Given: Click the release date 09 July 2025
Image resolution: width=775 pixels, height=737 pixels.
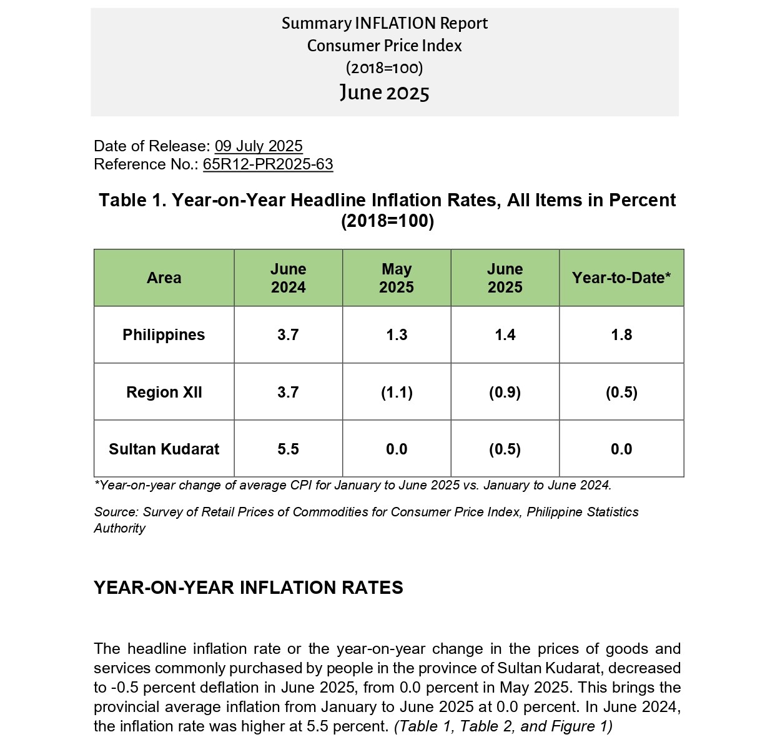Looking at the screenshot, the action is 259,146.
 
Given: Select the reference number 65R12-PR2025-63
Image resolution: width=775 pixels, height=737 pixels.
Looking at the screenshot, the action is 268,164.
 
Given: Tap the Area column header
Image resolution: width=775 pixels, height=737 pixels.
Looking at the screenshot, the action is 164,278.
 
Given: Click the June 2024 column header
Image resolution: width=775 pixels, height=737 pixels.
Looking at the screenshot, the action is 288,278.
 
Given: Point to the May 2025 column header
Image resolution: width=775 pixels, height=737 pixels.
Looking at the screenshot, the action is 397,278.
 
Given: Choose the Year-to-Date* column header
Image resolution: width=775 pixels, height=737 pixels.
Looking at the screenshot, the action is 621,278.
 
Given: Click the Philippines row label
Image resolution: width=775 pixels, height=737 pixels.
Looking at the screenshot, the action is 164,335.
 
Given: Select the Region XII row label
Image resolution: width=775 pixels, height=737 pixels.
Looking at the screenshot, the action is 164,392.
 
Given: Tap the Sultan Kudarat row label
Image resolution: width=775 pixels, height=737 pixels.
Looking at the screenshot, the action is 164,449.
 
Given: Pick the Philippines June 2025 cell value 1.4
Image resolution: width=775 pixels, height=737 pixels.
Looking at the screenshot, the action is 505,335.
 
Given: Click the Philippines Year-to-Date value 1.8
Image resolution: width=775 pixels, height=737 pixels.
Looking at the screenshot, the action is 621,335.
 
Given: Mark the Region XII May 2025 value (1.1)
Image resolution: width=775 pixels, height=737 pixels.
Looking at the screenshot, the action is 397,393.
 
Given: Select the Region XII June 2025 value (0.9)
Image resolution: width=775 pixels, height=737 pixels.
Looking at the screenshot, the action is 505,393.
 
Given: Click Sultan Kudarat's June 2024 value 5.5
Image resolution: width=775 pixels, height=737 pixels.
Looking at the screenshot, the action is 288,449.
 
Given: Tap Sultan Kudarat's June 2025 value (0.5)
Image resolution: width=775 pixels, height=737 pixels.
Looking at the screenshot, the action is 505,449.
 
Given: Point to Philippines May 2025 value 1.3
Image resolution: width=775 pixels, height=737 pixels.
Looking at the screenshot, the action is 397,335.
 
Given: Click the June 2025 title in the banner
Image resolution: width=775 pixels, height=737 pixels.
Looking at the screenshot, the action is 384,93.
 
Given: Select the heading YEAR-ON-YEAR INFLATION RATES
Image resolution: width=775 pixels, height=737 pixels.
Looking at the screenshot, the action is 249,588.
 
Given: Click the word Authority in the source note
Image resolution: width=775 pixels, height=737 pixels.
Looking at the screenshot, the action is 119,528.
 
